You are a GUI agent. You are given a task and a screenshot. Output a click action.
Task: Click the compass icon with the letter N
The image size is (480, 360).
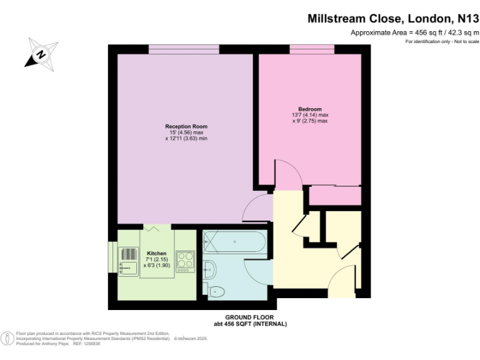pos(41,53)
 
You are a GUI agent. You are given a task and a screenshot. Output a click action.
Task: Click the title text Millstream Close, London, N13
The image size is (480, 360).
pos(392,19)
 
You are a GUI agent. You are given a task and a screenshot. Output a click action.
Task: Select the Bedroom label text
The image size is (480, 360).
pos(310,109)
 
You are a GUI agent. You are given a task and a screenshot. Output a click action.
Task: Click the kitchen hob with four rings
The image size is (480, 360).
pos(186,261)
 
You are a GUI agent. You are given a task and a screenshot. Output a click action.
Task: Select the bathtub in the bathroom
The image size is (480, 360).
pos(235,241)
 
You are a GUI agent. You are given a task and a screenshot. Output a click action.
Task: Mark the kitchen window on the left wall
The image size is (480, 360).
pos(113,257)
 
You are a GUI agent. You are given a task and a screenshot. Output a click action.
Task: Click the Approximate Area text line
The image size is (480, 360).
pos(414,32)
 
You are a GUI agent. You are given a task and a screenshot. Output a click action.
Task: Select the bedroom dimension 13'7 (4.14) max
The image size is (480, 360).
pos(310,115)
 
